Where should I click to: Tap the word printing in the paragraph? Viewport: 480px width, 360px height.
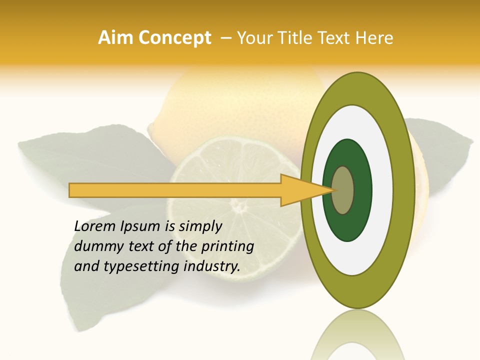[227, 247]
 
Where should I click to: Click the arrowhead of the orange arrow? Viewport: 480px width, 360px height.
[300, 190]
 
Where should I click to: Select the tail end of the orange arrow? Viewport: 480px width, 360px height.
[72, 190]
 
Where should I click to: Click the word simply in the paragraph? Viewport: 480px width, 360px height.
[200, 226]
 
